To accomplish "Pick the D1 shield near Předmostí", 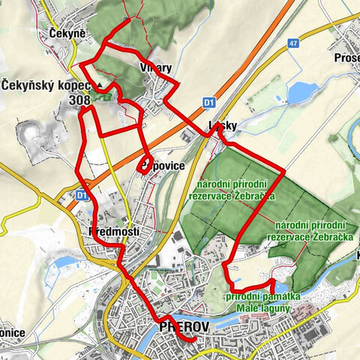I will tap(81, 194).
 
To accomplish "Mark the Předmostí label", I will tap(114, 231).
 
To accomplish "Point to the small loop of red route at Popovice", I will tap(143, 166).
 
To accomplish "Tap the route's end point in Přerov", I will tap(194, 340).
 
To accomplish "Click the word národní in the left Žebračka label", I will tap(218, 184).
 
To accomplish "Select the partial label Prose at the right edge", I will tap(346, 58).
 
